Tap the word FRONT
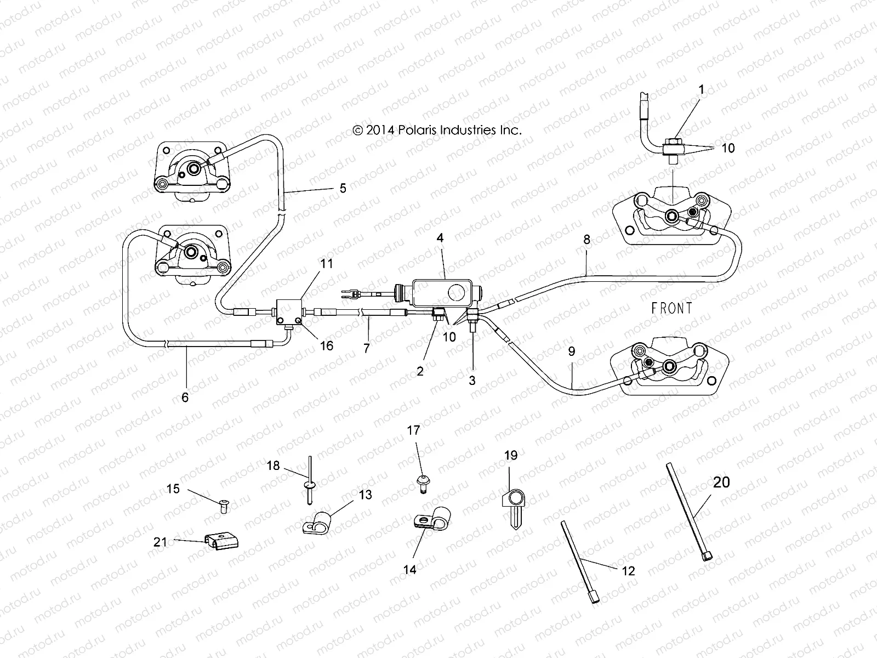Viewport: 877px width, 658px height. (671, 308)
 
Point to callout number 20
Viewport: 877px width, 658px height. (721, 482)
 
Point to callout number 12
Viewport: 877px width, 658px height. (628, 571)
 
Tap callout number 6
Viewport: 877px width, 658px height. (185, 397)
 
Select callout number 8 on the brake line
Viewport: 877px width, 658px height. (587, 240)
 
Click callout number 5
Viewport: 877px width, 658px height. (343, 188)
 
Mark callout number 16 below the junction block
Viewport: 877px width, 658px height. (327, 346)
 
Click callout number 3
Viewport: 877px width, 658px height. (472, 379)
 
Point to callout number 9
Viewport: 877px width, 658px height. (572, 351)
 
